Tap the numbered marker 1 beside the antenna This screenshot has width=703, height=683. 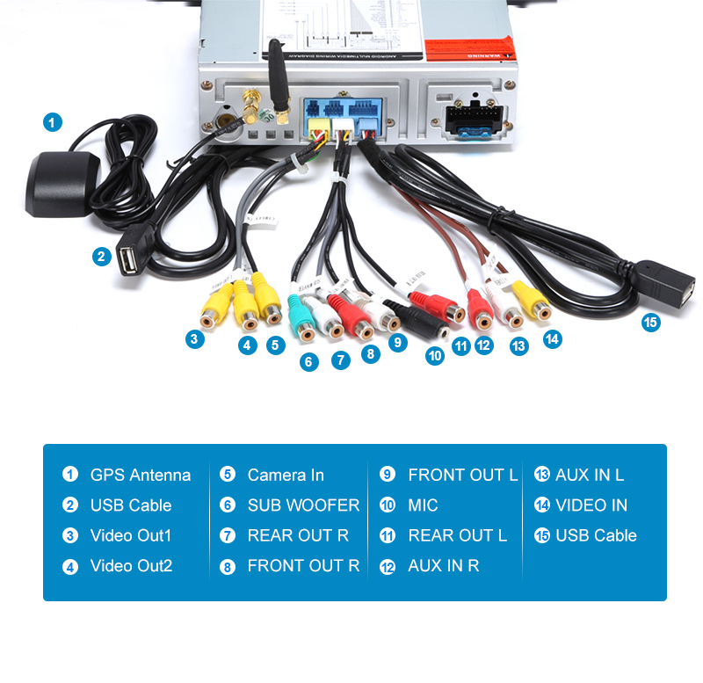pyautogui.click(x=54, y=122)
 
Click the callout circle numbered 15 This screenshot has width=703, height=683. pyautogui.click(x=650, y=323)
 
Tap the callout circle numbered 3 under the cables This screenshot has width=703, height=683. pyautogui.click(x=195, y=338)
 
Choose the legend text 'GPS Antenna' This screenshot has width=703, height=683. pyautogui.click(x=140, y=475)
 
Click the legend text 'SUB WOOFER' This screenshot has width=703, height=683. pyautogui.click(x=303, y=505)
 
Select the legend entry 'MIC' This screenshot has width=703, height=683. pyautogui.click(x=423, y=505)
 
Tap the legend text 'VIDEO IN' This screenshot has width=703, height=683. pyautogui.click(x=591, y=505)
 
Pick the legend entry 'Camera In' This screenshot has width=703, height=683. pyautogui.click(x=286, y=475)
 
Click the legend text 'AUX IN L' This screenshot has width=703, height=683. pyautogui.click(x=590, y=475)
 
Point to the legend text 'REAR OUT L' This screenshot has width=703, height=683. pyautogui.click(x=457, y=535)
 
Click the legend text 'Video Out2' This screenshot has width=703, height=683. pyautogui.click(x=131, y=566)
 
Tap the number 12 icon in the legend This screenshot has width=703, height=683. pyautogui.click(x=388, y=566)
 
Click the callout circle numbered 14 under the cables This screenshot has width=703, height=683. pyautogui.click(x=552, y=338)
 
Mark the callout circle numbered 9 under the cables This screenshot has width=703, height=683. pyautogui.click(x=398, y=343)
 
